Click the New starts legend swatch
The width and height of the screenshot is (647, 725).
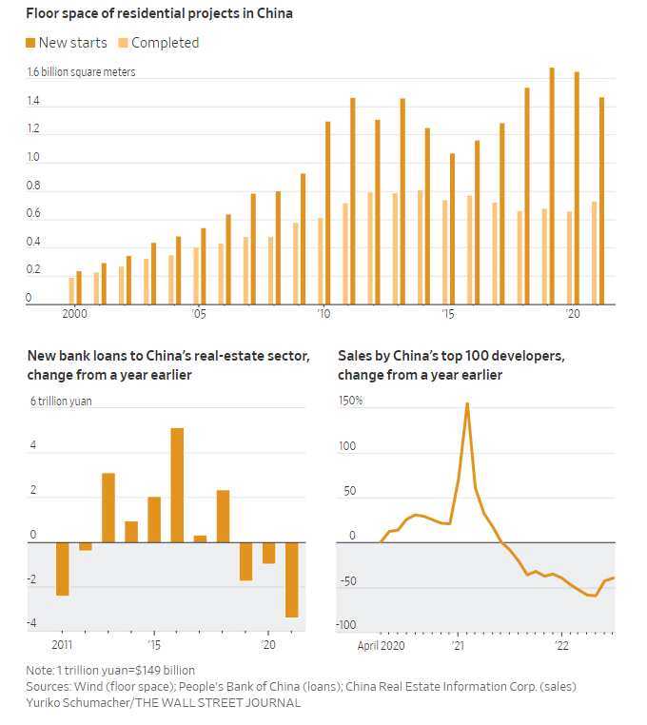pyautogui.click(x=31, y=43)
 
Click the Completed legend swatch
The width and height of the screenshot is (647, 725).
pyautogui.click(x=123, y=43)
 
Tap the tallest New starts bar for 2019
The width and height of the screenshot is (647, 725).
pyautogui.click(x=552, y=186)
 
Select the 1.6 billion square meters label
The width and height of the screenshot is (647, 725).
pyautogui.click(x=81, y=72)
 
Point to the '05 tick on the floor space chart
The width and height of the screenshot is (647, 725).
pyautogui.click(x=198, y=313)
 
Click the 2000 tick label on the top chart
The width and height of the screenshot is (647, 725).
pyautogui.click(x=74, y=313)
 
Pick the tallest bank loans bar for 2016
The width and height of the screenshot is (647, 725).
pyautogui.click(x=177, y=485)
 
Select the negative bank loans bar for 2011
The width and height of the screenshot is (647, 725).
pyautogui.click(x=63, y=569)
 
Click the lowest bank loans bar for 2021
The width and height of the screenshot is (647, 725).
pyautogui.click(x=291, y=579)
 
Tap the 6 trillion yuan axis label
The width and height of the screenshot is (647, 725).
pyautogui.click(x=61, y=402)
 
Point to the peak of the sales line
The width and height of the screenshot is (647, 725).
pyautogui.click(x=467, y=403)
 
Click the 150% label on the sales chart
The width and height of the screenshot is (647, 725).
pyautogui.click(x=350, y=401)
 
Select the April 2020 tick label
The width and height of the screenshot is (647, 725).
pyautogui.click(x=380, y=645)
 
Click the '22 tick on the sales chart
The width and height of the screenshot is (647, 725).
pyautogui.click(x=562, y=645)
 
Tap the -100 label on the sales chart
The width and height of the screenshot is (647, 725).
pyautogui.click(x=348, y=625)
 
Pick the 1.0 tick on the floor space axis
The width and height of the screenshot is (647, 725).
pyautogui.click(x=33, y=158)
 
